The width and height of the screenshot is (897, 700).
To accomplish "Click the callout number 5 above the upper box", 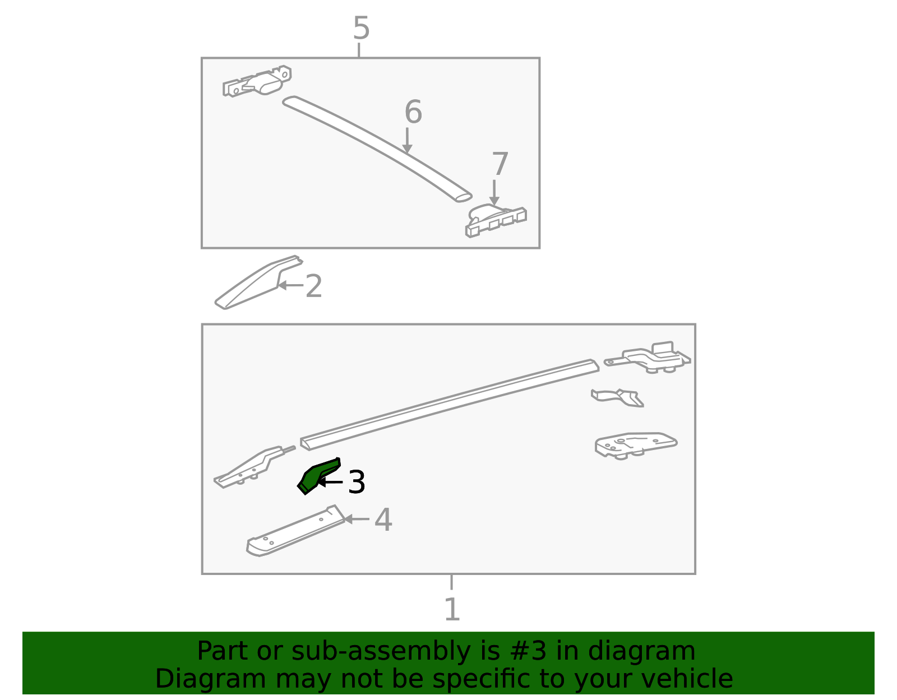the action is point(361,28).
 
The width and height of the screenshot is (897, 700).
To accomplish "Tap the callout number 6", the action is point(413,112).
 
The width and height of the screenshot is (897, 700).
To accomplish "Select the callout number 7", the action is point(500,164).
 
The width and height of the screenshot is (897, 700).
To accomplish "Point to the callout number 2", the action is point(314,286).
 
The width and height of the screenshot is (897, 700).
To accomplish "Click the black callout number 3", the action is point(357,482).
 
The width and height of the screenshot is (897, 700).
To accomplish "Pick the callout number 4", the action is point(383,520).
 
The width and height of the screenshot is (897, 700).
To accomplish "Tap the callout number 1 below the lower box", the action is point(452,609).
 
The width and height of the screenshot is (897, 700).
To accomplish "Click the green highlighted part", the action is point(318,475).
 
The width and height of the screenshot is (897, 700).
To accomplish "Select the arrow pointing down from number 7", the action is point(494,192).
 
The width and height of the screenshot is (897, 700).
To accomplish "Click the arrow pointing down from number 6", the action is point(407,140).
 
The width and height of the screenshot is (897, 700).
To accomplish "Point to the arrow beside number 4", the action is point(356,519).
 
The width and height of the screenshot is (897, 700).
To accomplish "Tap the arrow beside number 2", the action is point(290,285).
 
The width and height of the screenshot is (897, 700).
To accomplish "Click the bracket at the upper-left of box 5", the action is point(257,81).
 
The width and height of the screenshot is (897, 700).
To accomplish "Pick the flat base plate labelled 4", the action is point(295,531).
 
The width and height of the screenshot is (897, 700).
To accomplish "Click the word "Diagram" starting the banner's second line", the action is point(211,680).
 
